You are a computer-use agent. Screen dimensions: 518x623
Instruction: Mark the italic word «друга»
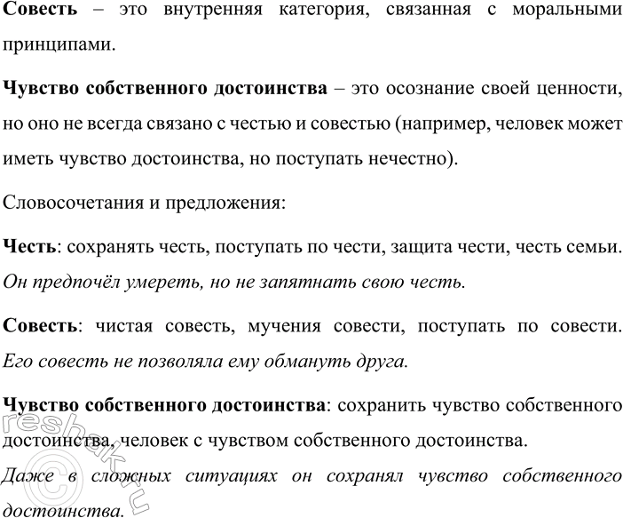tap(388, 361)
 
